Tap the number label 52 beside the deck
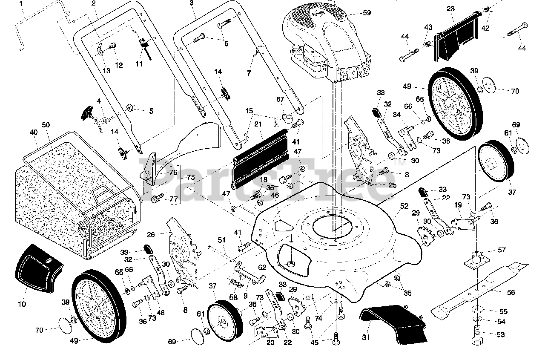pos(404,206)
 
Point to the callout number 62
pos(262,268)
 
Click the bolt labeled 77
pos(156,199)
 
